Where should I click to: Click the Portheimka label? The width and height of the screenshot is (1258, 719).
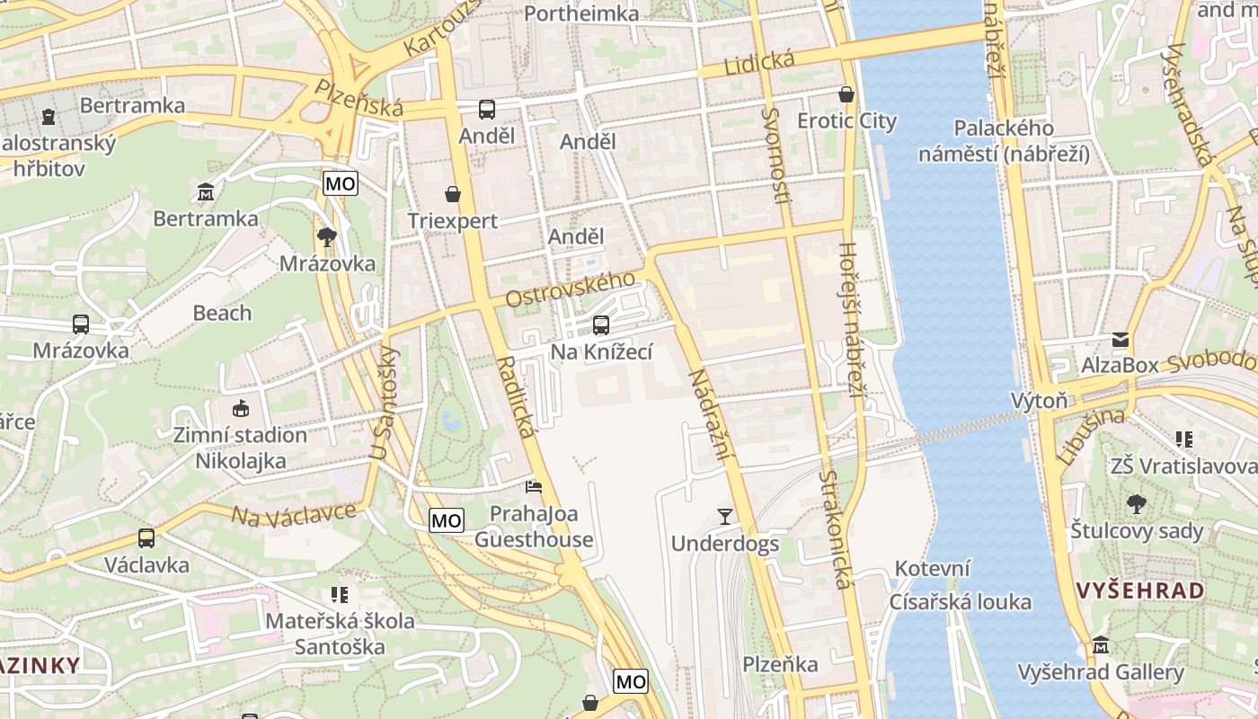click(580, 13)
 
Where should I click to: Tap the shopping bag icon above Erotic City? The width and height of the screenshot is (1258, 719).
click(846, 93)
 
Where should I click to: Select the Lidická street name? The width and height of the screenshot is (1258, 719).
click(759, 64)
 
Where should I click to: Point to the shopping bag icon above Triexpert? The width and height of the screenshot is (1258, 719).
click(453, 194)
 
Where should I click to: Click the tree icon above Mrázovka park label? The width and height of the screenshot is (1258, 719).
click(327, 237)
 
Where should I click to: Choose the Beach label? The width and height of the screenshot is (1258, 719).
click(222, 313)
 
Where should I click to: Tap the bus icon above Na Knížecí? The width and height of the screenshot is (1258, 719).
click(601, 324)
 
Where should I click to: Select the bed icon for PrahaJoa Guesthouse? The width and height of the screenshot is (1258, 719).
click(534, 487)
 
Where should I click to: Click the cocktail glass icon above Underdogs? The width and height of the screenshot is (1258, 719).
click(725, 516)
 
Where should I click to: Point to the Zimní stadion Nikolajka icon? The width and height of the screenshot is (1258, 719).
click(240, 409)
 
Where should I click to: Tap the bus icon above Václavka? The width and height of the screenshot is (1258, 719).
click(146, 538)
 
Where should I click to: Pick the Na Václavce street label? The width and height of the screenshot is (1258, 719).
click(294, 515)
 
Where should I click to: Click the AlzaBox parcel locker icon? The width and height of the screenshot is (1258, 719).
click(1120, 340)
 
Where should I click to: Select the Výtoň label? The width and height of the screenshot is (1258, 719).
click(1039, 400)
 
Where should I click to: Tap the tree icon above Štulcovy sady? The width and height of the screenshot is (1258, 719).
click(1136, 504)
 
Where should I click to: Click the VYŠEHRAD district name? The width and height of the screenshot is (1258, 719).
click(1140, 590)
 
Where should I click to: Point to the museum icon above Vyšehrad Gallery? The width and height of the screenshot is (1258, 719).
click(1101, 645)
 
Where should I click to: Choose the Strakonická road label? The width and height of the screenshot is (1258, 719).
click(834, 529)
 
